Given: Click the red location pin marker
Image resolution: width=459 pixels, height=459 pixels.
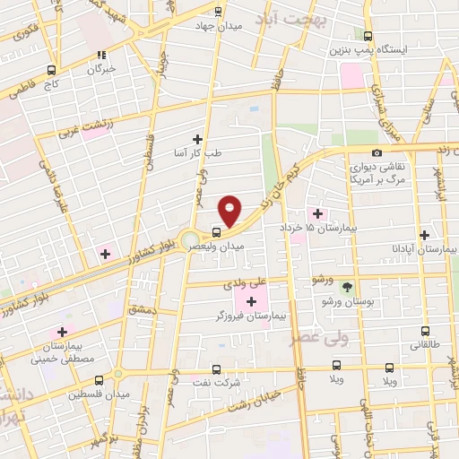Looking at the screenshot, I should pyautogui.click(x=230, y=212).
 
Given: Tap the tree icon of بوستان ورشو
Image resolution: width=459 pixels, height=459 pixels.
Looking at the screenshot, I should pyautogui.click(x=347, y=286).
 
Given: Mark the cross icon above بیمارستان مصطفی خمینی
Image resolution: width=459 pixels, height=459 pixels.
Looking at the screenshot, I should pyautogui.click(x=62, y=332).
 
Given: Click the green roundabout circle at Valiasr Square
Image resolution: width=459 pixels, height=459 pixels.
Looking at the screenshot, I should pyautogui.click(x=190, y=239).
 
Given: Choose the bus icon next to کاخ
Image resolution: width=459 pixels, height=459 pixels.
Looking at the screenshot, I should pyautogui.click(x=51, y=69).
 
